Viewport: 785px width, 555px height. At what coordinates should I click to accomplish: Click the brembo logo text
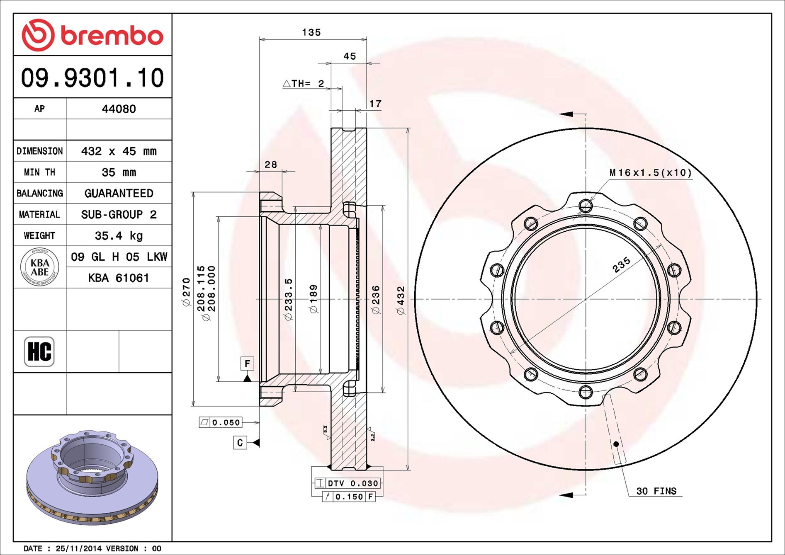tap(112, 36)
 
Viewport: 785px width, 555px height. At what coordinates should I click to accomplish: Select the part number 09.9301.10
tap(92, 78)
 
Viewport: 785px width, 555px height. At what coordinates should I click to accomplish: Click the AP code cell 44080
tap(119, 109)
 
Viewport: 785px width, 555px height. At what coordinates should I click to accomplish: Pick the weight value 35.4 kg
tap(119, 236)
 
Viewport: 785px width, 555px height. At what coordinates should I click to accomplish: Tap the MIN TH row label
tap(39, 172)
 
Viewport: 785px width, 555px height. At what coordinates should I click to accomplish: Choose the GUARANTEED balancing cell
tap(119, 193)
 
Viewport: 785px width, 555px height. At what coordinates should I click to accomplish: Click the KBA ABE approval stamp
tap(40, 267)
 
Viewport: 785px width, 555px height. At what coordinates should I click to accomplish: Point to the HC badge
tap(39, 351)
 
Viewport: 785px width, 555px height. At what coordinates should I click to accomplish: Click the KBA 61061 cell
tap(119, 278)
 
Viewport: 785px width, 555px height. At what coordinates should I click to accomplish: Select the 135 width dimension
tap(311, 32)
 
